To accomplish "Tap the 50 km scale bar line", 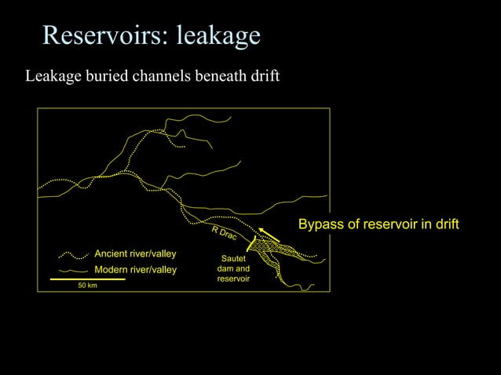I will coord(87,279).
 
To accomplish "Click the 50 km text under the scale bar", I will coord(87,286).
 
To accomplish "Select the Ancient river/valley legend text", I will coord(135,254).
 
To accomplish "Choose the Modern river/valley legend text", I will coord(136,270).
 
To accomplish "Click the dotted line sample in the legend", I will coord(72,255).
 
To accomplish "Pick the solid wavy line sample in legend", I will coord(72,270).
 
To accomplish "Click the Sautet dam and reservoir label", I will coord(233,268).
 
